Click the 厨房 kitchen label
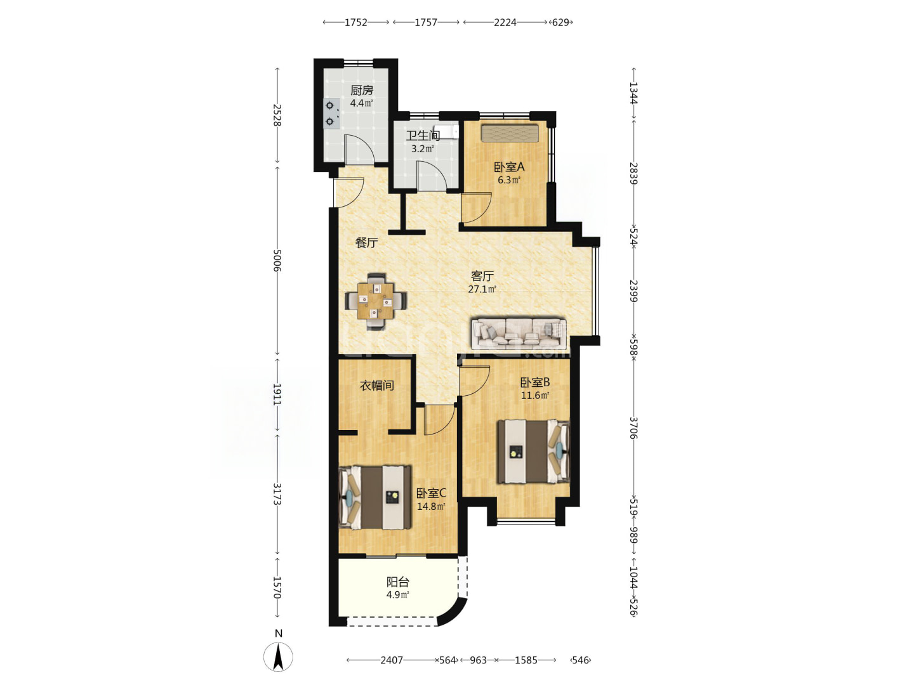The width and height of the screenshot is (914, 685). [361, 90]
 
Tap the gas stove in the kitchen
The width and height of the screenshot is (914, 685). [332, 114]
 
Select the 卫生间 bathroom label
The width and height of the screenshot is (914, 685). [423, 136]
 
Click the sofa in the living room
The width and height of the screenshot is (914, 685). [519, 334]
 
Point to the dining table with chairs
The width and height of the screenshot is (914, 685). [376, 301]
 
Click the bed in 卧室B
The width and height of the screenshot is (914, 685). [533, 451]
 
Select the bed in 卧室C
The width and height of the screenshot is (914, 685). [374, 497]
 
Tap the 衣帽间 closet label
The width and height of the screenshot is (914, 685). [377, 385]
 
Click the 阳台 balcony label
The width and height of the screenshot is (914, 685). [398, 582]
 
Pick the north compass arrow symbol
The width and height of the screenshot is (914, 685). [278, 657]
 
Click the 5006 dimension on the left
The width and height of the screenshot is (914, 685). [277, 261]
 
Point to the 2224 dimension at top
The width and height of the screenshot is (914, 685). [505, 22]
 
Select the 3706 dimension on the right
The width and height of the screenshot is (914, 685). [633, 428]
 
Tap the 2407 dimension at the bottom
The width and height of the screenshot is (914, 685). [392, 660]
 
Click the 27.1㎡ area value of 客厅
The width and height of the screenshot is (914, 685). [482, 289]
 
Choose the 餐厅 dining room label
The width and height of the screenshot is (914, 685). [366, 242]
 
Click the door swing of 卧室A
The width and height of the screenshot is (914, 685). [476, 207]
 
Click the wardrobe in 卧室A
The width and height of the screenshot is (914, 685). [510, 133]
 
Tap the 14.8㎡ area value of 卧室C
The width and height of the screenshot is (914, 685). [431, 507]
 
